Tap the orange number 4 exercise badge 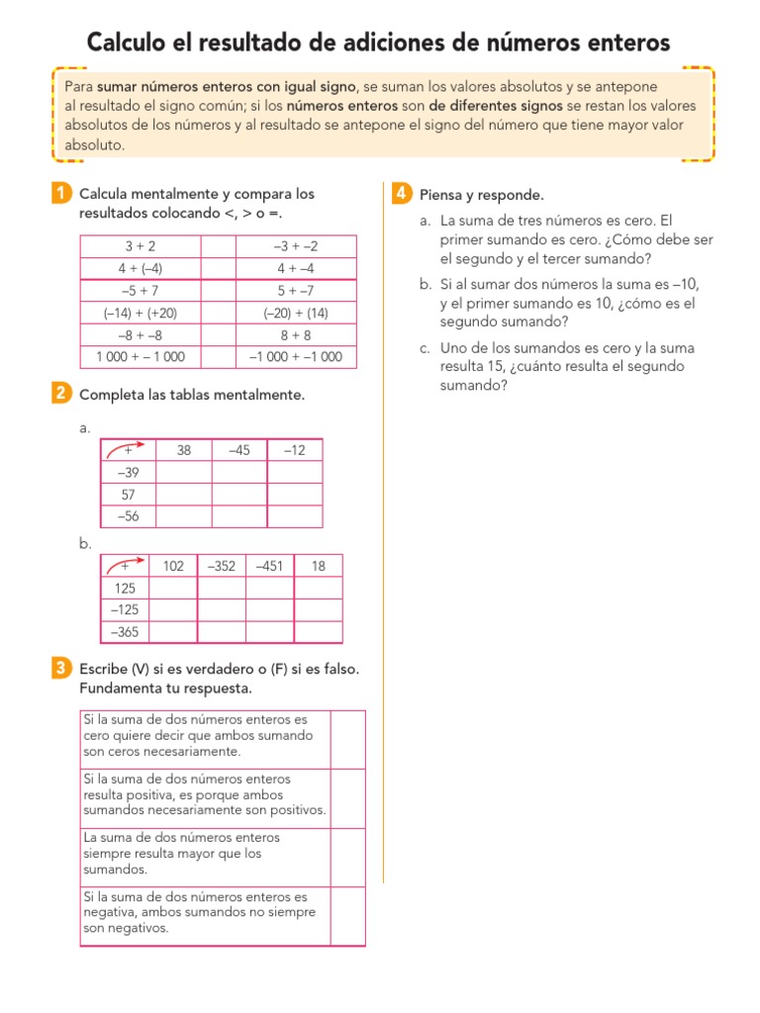pos(401,194)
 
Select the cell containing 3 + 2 pos(141,246)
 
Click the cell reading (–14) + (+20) pos(141,313)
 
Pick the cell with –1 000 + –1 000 pos(296,357)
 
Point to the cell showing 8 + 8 pos(296,334)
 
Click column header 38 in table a pos(184,450)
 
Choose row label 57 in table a pos(129,494)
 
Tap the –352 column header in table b pos(222,566)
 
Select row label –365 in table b pos(126,632)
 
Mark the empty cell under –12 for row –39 pos(295,472)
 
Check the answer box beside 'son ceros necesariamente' pos(347,739)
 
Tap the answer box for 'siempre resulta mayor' pos(347,857)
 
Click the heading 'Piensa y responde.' pos(482,195)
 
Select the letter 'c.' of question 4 pos(426,348)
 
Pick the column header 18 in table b pos(319,566)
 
